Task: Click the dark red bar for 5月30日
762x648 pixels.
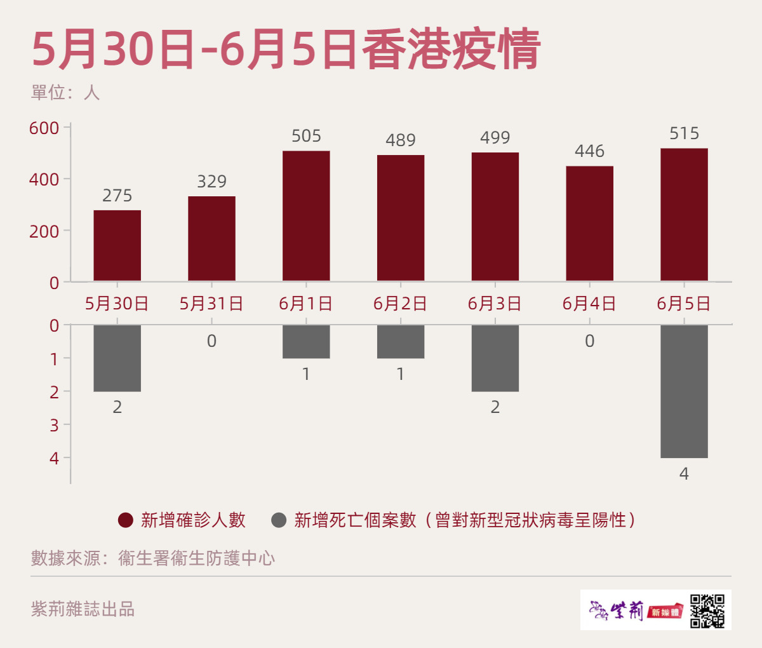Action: coord(117,245)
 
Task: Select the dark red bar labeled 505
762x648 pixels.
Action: coord(306,215)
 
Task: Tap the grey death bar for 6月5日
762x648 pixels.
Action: coord(684,391)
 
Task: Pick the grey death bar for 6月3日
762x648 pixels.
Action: coord(495,358)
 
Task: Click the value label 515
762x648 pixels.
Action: coord(684,133)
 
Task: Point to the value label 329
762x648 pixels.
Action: coord(211,182)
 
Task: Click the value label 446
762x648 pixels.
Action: coord(589,151)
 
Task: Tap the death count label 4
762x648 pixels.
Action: coord(684,474)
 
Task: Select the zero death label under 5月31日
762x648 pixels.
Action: coord(211,342)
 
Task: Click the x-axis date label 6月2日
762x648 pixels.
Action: coord(400,304)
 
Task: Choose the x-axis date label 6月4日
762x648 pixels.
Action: coord(589,304)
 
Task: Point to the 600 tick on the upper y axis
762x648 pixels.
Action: coord(44,128)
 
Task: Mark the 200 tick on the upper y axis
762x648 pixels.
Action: coord(44,231)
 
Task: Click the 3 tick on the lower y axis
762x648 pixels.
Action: coord(54,425)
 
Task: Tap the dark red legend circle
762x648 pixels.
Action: coord(126,520)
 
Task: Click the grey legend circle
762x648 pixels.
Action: coord(279,520)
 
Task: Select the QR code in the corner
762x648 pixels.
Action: coord(707,611)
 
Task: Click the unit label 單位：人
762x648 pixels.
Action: coord(65,93)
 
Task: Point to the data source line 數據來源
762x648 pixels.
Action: coord(153,558)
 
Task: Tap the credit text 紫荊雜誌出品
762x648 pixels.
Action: coord(83,609)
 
